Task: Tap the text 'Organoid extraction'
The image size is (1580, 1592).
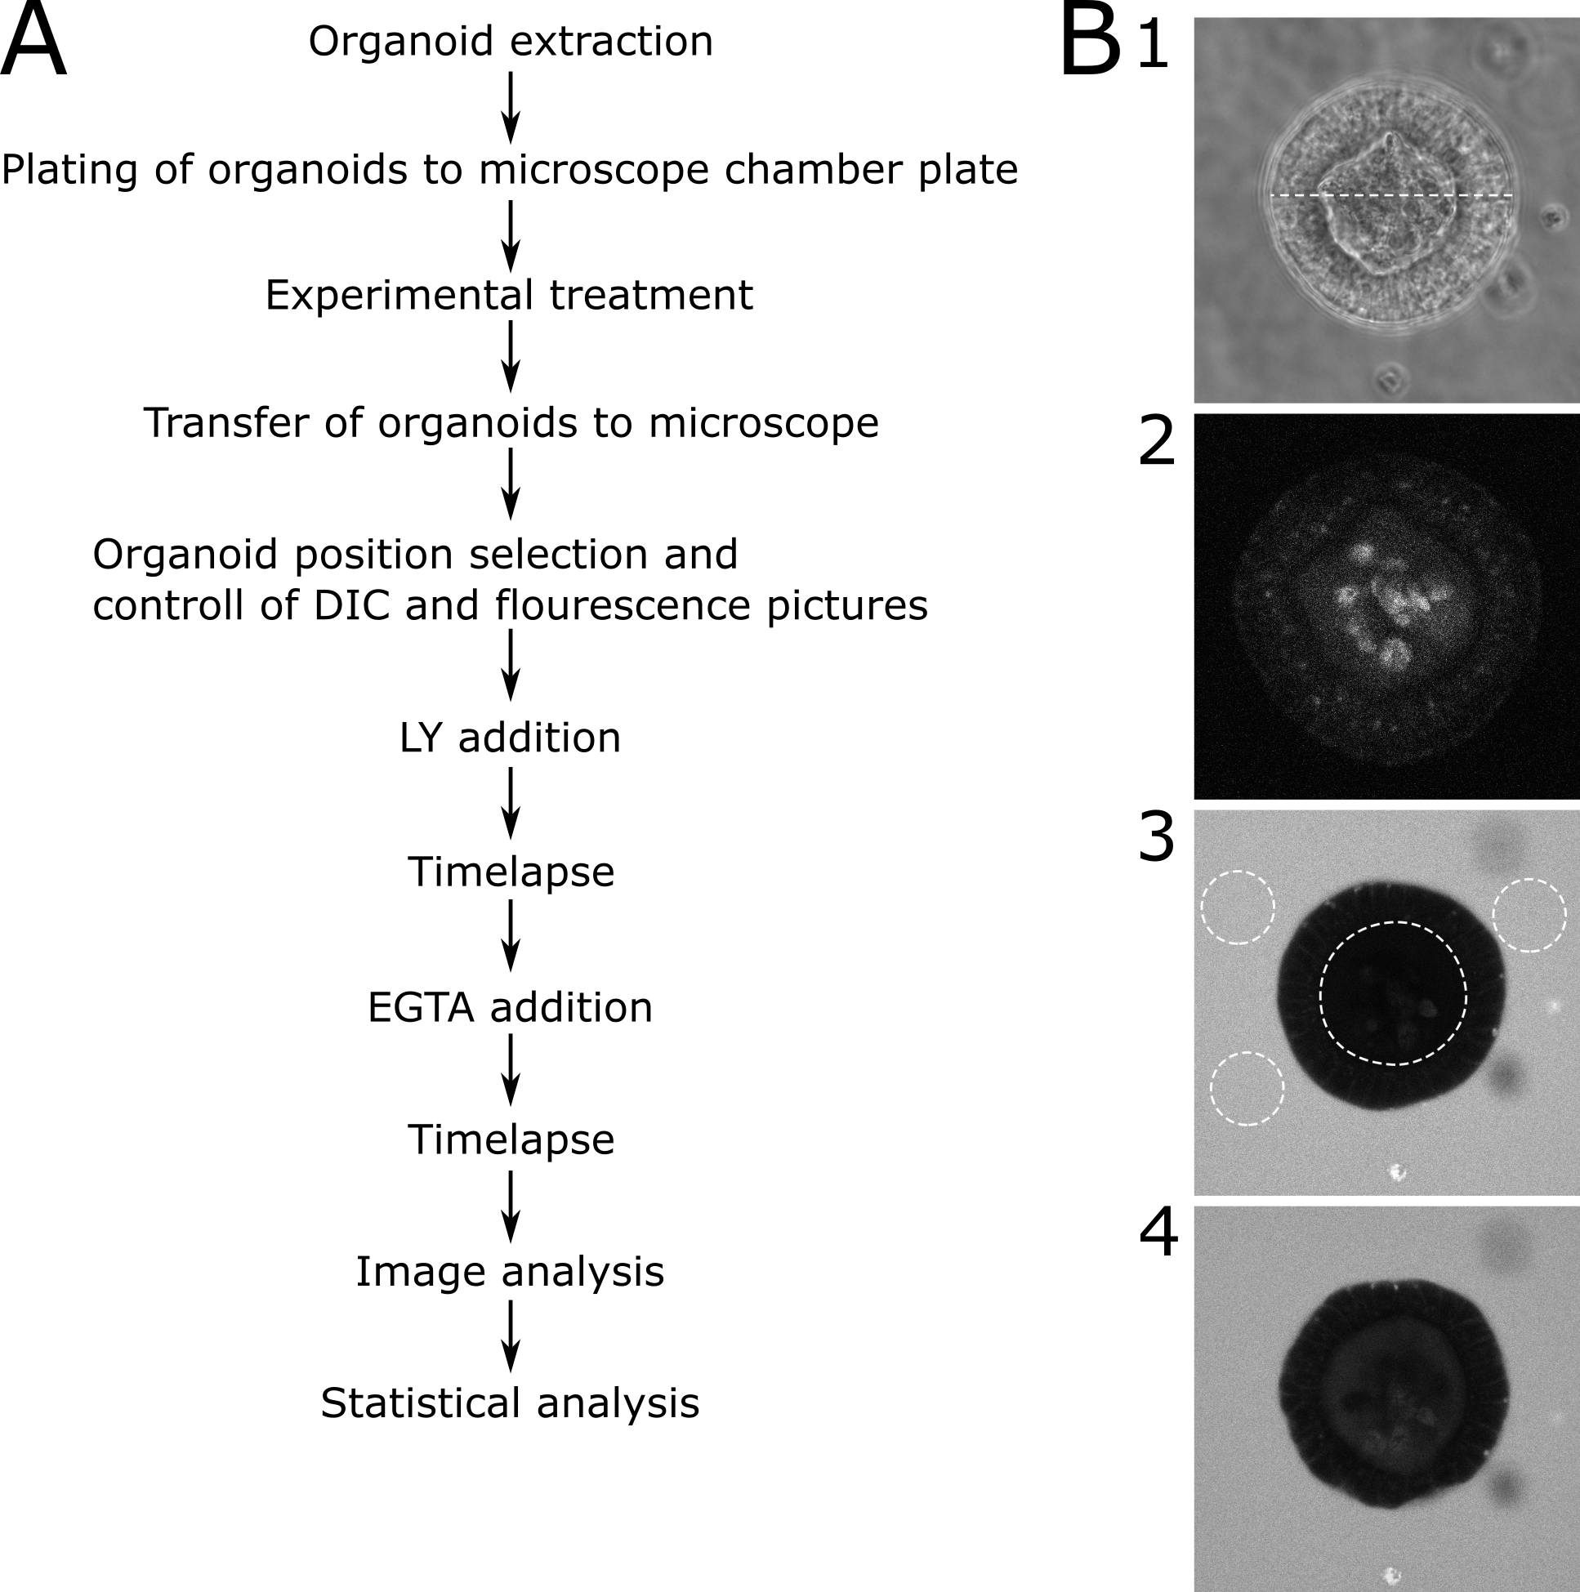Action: [x=510, y=41]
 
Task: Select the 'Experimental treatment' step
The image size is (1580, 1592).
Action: [x=508, y=295]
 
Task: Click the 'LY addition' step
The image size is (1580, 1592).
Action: [x=510, y=738]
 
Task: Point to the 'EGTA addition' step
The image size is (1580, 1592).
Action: [x=510, y=1007]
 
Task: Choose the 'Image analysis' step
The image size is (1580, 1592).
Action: [x=510, y=1272]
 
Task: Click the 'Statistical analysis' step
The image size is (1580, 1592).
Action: [x=510, y=1403]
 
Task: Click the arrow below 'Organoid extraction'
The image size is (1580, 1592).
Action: [x=511, y=107]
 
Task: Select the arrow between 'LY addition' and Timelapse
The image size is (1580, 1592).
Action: [x=511, y=803]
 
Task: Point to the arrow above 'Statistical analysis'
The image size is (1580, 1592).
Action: [x=511, y=1336]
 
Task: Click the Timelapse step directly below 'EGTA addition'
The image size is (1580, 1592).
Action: [x=511, y=1140]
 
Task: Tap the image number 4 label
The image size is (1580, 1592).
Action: [x=1158, y=1233]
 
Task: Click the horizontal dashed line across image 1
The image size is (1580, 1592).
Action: [x=1391, y=196]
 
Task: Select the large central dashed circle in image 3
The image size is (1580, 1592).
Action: [x=1394, y=923]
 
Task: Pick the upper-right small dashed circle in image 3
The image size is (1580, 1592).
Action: [x=1529, y=881]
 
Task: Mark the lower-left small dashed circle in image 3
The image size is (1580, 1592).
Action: [x=1247, y=1053]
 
